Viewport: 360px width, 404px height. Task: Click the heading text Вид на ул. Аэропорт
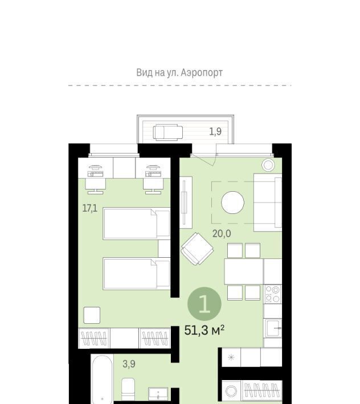tap(179, 72)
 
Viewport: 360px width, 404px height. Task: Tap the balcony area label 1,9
tap(215, 131)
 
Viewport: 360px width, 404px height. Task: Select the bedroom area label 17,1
tap(90, 208)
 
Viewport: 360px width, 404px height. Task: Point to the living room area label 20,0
tap(222, 234)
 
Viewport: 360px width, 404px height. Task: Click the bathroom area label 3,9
tap(129, 364)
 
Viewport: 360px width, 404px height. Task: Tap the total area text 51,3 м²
tap(204, 330)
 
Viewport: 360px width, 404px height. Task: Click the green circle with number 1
tap(204, 304)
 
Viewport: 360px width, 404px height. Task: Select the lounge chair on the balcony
tap(168, 133)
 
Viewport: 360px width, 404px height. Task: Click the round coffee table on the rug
tap(232, 203)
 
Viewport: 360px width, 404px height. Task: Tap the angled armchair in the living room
tap(197, 249)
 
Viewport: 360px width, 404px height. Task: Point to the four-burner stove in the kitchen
tap(273, 294)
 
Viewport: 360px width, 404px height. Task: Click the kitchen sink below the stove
tap(273, 328)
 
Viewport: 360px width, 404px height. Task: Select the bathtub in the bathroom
tap(103, 380)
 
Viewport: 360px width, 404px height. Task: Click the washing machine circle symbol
tap(231, 391)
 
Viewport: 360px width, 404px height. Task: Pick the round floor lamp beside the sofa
tap(268, 165)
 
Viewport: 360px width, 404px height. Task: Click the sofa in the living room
tap(268, 203)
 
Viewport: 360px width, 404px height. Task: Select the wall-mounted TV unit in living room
tap(186, 203)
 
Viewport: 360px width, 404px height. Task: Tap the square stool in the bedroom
tap(92, 315)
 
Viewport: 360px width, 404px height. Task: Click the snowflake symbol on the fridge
tap(231, 357)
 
